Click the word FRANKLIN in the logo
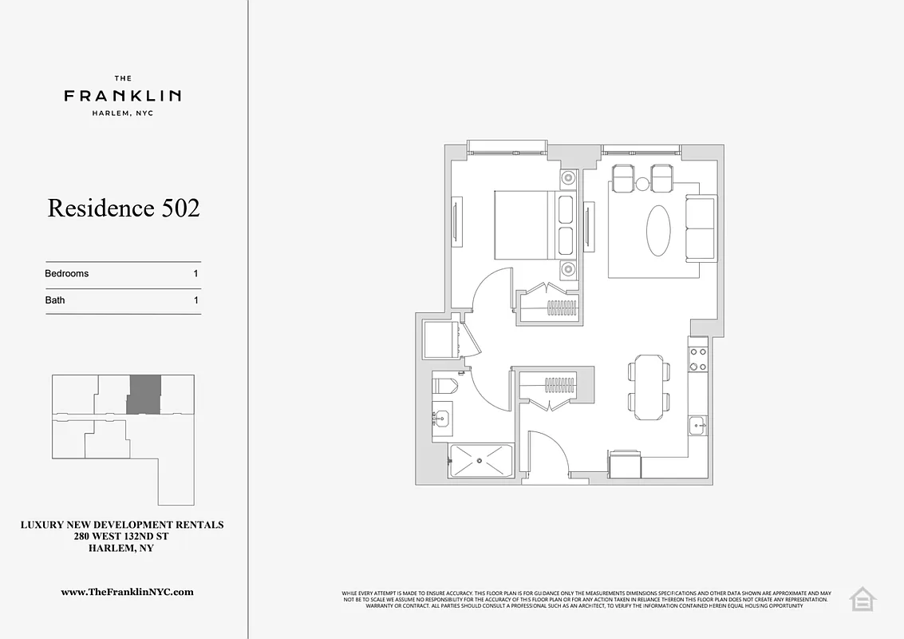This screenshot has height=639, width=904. pos(122,96)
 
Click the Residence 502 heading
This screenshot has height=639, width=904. pos(124,208)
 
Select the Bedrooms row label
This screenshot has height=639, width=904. pos(67,273)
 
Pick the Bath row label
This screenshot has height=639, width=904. pos(55,300)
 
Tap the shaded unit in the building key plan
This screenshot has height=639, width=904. pos(144,394)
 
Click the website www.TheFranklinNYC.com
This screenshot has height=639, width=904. pos(128,592)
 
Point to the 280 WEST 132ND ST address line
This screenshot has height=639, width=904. pos(122,537)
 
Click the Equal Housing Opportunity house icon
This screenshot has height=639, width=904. pos(862,598)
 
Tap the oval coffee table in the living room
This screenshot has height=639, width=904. pos(658,230)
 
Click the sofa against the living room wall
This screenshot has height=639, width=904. pos(701,228)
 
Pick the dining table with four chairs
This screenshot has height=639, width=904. pos(649,387)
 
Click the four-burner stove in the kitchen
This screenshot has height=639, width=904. pos(698,355)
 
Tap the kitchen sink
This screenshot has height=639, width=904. pos(698,425)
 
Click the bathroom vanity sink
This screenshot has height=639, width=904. pos(441,416)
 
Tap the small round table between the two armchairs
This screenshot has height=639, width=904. pos(643,185)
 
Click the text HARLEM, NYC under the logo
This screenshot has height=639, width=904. pos(122,113)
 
